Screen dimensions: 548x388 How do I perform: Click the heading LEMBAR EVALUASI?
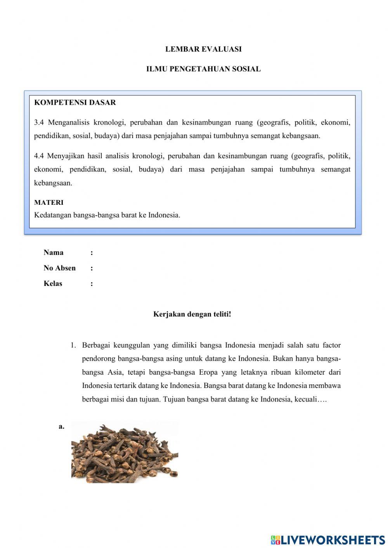(x=203, y=49)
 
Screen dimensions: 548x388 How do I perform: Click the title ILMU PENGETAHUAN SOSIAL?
(x=203, y=69)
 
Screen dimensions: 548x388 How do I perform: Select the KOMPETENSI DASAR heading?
(x=75, y=103)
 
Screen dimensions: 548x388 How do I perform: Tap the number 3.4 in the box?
(x=39, y=123)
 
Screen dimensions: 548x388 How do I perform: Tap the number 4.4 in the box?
(x=39, y=156)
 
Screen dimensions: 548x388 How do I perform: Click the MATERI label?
(x=48, y=202)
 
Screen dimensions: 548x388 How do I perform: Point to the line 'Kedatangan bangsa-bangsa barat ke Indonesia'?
(x=107, y=215)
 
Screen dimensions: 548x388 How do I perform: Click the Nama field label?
(x=54, y=252)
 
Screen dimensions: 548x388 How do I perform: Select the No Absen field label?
(x=59, y=268)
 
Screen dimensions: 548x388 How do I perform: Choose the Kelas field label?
(x=53, y=284)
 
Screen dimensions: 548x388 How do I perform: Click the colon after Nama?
(x=92, y=253)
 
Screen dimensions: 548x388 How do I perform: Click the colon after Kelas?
(x=92, y=284)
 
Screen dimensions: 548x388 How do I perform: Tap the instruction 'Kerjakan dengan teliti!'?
(x=192, y=314)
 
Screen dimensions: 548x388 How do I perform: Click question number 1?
(x=73, y=345)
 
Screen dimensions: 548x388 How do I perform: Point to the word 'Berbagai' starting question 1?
(x=95, y=345)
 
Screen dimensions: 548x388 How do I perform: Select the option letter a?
(x=61, y=427)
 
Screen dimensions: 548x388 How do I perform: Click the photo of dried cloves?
(x=125, y=453)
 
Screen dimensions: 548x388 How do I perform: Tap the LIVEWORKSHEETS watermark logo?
(x=328, y=539)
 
